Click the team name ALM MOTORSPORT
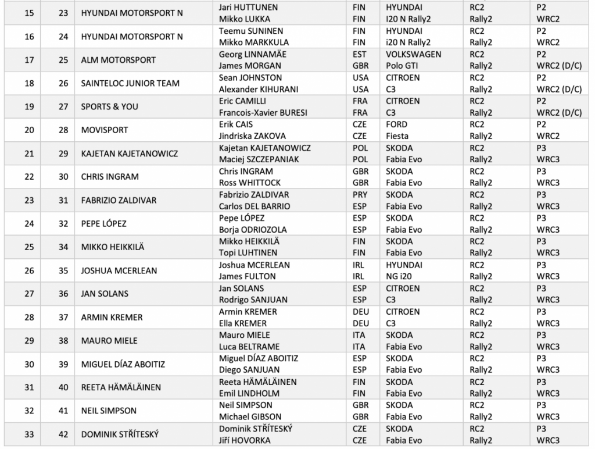[119, 60]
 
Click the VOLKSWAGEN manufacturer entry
[413, 54]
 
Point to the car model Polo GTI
[403, 66]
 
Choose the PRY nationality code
[360, 195]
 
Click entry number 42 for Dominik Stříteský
[63, 434]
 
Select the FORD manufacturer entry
[397, 124]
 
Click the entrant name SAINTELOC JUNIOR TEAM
[130, 83]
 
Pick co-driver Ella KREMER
[243, 323]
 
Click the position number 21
[28, 154]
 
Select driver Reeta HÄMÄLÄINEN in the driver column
[258, 382]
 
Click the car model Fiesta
[398, 136]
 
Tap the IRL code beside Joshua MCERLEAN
[359, 265]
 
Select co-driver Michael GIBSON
[251, 417]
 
